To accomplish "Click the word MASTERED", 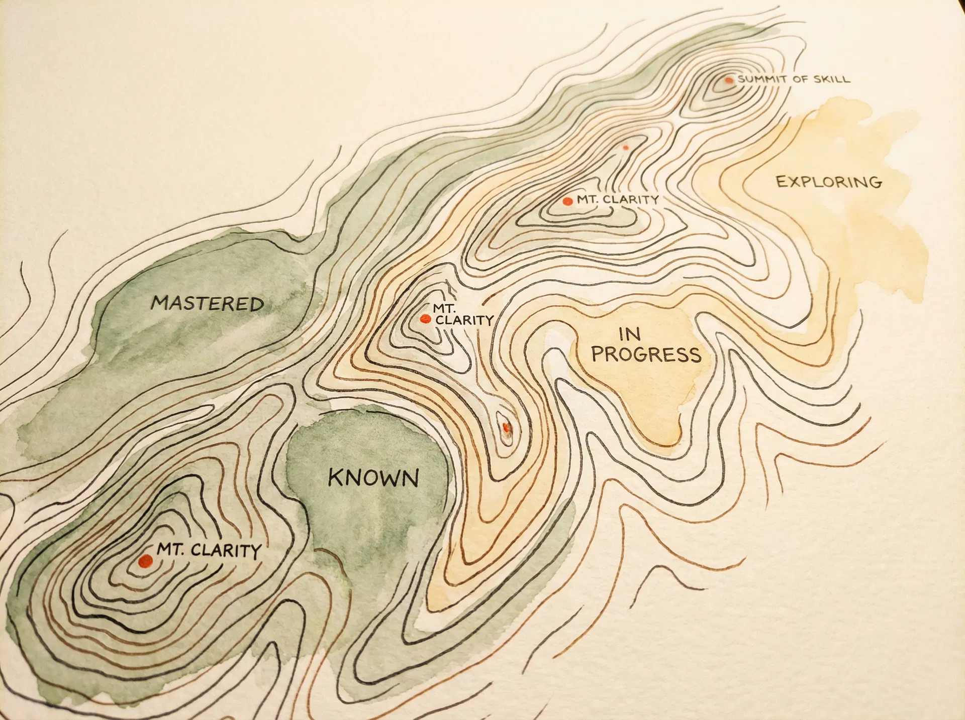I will point(208,303).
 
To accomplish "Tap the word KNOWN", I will point(373,477).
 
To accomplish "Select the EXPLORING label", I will point(829,182).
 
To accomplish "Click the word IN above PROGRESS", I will point(629,334).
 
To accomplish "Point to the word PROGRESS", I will point(646,354).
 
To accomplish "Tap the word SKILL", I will point(832,79).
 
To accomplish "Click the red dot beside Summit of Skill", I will point(729,80).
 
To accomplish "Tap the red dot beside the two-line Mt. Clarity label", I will point(425,319).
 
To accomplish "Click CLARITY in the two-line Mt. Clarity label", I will point(464,320).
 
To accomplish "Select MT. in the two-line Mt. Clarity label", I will point(444,308).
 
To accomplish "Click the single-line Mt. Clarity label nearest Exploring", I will point(617,199).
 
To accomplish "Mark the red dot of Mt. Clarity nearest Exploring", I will point(567,201).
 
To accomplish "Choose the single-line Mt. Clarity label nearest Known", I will point(209,550).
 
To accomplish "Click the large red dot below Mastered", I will point(146,560).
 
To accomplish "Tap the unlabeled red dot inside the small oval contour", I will point(506,427).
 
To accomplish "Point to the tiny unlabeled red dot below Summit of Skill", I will point(625,148).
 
